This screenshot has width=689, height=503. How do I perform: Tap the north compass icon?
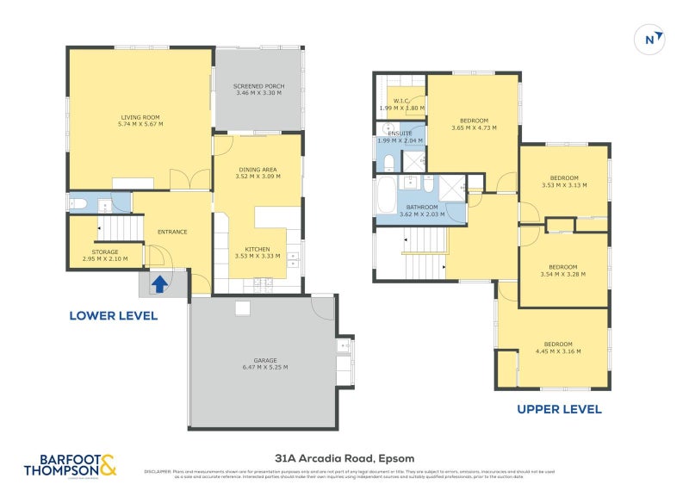tap(652, 39)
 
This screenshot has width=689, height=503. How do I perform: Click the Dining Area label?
tap(258, 170)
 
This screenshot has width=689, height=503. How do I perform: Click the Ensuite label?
tap(400, 134)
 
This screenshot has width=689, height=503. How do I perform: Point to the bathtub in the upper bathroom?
tap(386, 196)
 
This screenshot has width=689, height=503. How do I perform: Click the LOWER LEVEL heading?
tap(113, 316)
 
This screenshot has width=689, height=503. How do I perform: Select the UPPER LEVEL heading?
tap(559, 409)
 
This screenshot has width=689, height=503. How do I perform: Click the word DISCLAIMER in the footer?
tap(158, 472)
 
